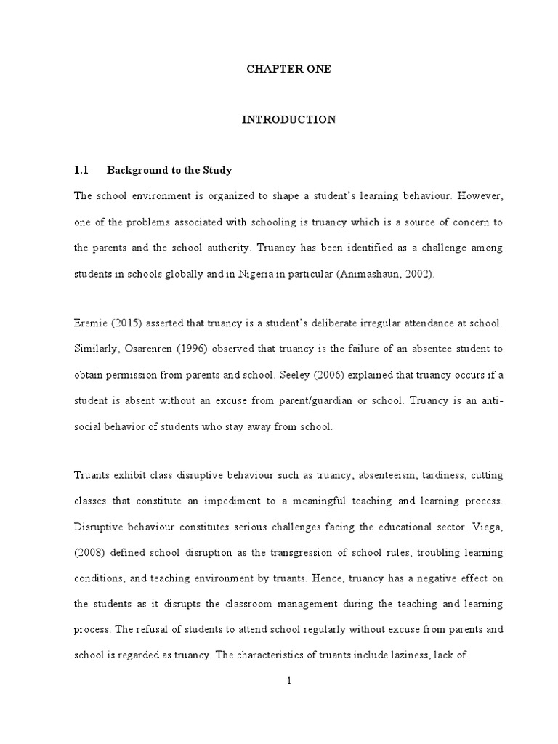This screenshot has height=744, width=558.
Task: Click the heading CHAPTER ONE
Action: point(288,69)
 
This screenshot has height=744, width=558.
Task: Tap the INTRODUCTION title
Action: point(288,120)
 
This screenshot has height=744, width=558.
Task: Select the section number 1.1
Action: point(81,171)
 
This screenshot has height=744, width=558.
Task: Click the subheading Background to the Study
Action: point(169,171)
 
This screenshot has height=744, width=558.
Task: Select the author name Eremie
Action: point(89,323)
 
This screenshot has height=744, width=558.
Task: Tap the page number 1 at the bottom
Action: point(288,681)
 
